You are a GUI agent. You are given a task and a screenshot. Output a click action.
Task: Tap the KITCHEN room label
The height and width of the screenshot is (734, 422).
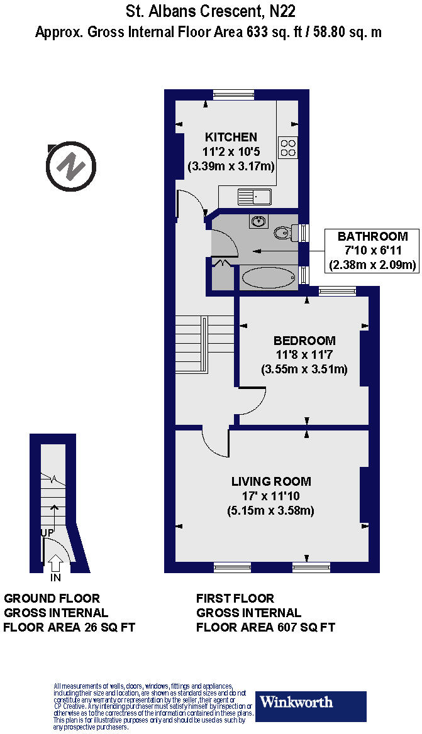(231, 137)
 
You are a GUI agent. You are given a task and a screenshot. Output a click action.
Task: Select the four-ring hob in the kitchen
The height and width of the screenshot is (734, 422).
(289, 147)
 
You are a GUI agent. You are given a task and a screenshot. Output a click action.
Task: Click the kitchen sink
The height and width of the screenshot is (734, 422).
(253, 197)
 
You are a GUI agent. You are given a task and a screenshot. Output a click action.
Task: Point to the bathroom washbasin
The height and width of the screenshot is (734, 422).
(258, 221)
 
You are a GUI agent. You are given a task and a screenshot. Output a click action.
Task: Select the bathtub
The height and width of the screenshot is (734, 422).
(267, 278)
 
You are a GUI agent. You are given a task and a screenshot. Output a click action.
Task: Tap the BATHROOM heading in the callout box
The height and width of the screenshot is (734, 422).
(372, 237)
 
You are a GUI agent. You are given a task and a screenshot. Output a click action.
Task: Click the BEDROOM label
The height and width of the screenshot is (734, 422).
(304, 341)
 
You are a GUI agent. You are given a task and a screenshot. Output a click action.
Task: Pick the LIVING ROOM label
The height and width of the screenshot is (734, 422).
(271, 482)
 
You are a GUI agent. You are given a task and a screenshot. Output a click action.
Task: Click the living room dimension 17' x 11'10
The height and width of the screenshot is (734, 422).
(271, 496)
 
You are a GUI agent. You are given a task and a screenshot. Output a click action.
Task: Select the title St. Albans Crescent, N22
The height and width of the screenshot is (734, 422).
(210, 11)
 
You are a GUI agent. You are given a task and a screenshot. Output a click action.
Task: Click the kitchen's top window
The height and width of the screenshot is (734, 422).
(233, 95)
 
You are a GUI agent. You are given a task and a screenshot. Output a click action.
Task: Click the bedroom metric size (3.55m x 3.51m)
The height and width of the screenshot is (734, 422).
(304, 370)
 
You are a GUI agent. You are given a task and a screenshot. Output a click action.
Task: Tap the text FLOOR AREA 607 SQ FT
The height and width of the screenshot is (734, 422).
(265, 627)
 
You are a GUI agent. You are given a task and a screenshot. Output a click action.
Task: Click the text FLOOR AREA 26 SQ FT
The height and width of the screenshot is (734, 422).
(69, 627)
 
